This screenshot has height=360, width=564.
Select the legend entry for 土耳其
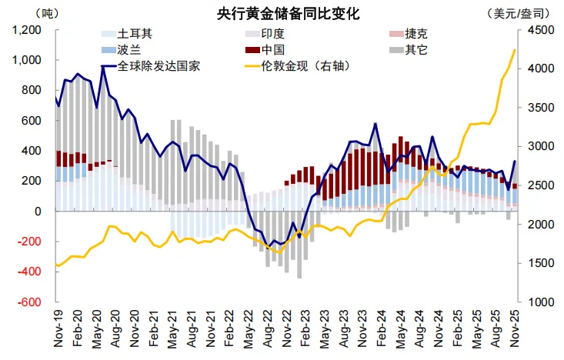click(134, 35)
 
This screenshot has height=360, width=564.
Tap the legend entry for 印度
click(274, 35)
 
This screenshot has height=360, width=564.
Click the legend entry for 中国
click(274, 50)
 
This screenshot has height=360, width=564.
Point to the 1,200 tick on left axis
click(27, 30)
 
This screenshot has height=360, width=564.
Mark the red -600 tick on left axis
click(30, 302)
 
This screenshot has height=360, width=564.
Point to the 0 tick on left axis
click(38, 212)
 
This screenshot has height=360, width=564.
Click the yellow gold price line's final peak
click(514, 50)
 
